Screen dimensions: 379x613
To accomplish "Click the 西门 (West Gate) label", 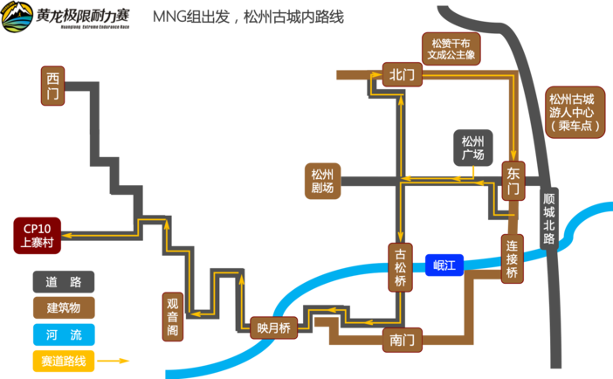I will (55, 86).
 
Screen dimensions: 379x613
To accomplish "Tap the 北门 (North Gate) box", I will (402, 75).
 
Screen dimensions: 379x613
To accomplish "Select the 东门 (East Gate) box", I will (513, 180).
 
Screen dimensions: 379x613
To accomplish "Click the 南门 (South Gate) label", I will (403, 340).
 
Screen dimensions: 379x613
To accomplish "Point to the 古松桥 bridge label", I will (400, 268).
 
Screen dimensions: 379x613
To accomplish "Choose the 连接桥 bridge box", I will (513, 258).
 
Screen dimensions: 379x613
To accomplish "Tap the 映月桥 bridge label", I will (273, 327).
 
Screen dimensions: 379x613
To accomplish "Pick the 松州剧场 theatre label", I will (321, 181).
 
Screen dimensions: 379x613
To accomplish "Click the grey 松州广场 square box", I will (472, 148).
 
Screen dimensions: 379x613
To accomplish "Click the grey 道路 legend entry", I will (64, 281).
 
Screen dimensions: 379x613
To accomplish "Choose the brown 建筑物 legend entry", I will (64, 307).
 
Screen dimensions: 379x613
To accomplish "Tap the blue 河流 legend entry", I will (64, 334).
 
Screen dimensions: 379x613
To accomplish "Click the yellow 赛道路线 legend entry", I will (64, 360).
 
